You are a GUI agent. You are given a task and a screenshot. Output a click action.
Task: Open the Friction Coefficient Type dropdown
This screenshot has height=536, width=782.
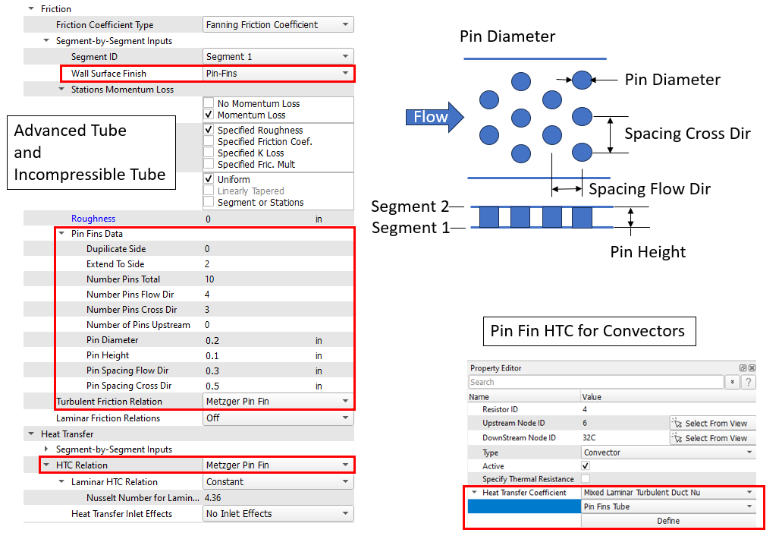tap(278, 24)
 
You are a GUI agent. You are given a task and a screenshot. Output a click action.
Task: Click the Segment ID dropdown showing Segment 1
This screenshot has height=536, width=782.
tap(278, 56)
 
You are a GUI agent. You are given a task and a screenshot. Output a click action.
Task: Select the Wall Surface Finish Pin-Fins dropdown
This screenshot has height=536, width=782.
tap(278, 74)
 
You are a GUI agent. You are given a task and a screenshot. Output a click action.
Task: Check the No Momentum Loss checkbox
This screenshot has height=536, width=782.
tap(209, 102)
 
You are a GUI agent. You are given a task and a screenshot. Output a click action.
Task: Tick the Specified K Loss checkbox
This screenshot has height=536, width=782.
tap(209, 153)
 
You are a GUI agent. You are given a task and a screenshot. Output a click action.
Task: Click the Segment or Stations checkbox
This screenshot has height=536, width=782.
tap(209, 202)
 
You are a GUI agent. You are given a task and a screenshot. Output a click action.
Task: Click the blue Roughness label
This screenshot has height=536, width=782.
tap(93, 219)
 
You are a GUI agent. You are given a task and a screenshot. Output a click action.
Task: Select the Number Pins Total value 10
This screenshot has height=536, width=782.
tap(209, 279)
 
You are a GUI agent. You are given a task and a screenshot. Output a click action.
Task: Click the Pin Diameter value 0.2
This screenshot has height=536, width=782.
tap(212, 340)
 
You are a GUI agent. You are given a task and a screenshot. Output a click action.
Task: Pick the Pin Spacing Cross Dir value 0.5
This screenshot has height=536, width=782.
tap(212, 386)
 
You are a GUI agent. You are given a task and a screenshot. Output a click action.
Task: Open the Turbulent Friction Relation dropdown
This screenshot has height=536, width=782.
tap(278, 402)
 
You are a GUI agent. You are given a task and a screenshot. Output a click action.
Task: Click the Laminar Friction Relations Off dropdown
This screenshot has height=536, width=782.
tap(278, 418)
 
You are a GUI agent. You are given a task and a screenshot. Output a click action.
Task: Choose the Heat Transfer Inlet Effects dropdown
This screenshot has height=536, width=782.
tap(278, 513)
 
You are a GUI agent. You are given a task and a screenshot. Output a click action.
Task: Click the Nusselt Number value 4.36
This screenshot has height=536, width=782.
tap(213, 498)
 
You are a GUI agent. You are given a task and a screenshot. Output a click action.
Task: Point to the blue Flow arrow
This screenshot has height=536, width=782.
tap(435, 117)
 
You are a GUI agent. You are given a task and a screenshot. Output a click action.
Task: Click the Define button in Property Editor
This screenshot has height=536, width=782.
tap(668, 521)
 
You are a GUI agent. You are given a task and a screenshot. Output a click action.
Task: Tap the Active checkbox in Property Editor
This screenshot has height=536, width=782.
tap(586, 465)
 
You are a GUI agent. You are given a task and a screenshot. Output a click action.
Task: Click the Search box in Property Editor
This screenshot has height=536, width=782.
tap(596, 383)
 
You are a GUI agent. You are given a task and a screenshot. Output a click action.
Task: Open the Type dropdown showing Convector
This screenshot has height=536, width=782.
tap(668, 452)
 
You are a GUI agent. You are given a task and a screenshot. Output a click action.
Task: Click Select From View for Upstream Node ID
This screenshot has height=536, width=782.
tap(713, 423)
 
